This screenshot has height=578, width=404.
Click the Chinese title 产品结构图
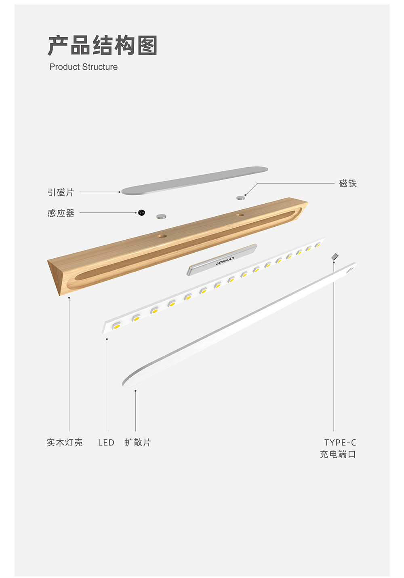coord(103,45)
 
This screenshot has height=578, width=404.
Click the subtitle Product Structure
coord(83,67)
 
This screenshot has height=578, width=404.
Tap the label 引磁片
coord(61,192)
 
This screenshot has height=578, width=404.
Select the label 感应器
coord(61,213)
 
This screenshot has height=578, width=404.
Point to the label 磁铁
coord(348,184)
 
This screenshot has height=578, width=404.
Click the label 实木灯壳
coord(65,443)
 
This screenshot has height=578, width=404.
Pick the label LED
coord(106,443)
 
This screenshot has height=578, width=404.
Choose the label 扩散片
coord(138,443)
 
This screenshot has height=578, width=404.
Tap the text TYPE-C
coord(340,443)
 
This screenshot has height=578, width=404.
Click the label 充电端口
coord(338,454)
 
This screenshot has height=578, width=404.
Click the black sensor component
coord(141,213)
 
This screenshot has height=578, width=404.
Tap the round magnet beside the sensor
coord(161,217)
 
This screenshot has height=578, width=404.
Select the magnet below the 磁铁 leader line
coord(240,198)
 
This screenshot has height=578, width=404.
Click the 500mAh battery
coord(222,260)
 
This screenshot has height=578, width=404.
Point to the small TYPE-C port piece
coord(335,256)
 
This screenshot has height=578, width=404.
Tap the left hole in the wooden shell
coord(162,235)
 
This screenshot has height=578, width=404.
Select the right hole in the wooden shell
coord(240,215)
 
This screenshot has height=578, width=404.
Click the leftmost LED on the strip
coord(117,325)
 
